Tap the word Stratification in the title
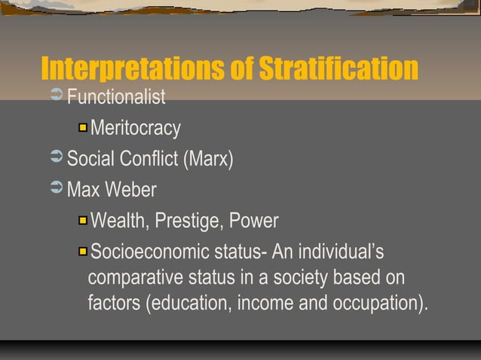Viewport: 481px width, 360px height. [x=338, y=69]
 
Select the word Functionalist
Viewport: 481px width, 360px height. [x=116, y=98]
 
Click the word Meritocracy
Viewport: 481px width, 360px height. [x=136, y=129]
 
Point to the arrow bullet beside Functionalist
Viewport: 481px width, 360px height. [x=56, y=97]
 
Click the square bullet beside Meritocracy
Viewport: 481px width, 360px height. [x=82, y=128]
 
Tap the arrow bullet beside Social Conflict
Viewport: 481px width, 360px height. [x=56, y=159]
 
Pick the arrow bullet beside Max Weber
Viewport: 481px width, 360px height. [x=56, y=189]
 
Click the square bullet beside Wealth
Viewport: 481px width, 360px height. [x=82, y=221]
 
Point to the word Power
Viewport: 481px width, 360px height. [x=254, y=221]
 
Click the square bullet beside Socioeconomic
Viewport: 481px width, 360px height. [x=82, y=250]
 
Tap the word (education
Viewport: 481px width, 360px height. [x=188, y=305]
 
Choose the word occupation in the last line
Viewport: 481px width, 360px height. [x=377, y=305]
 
